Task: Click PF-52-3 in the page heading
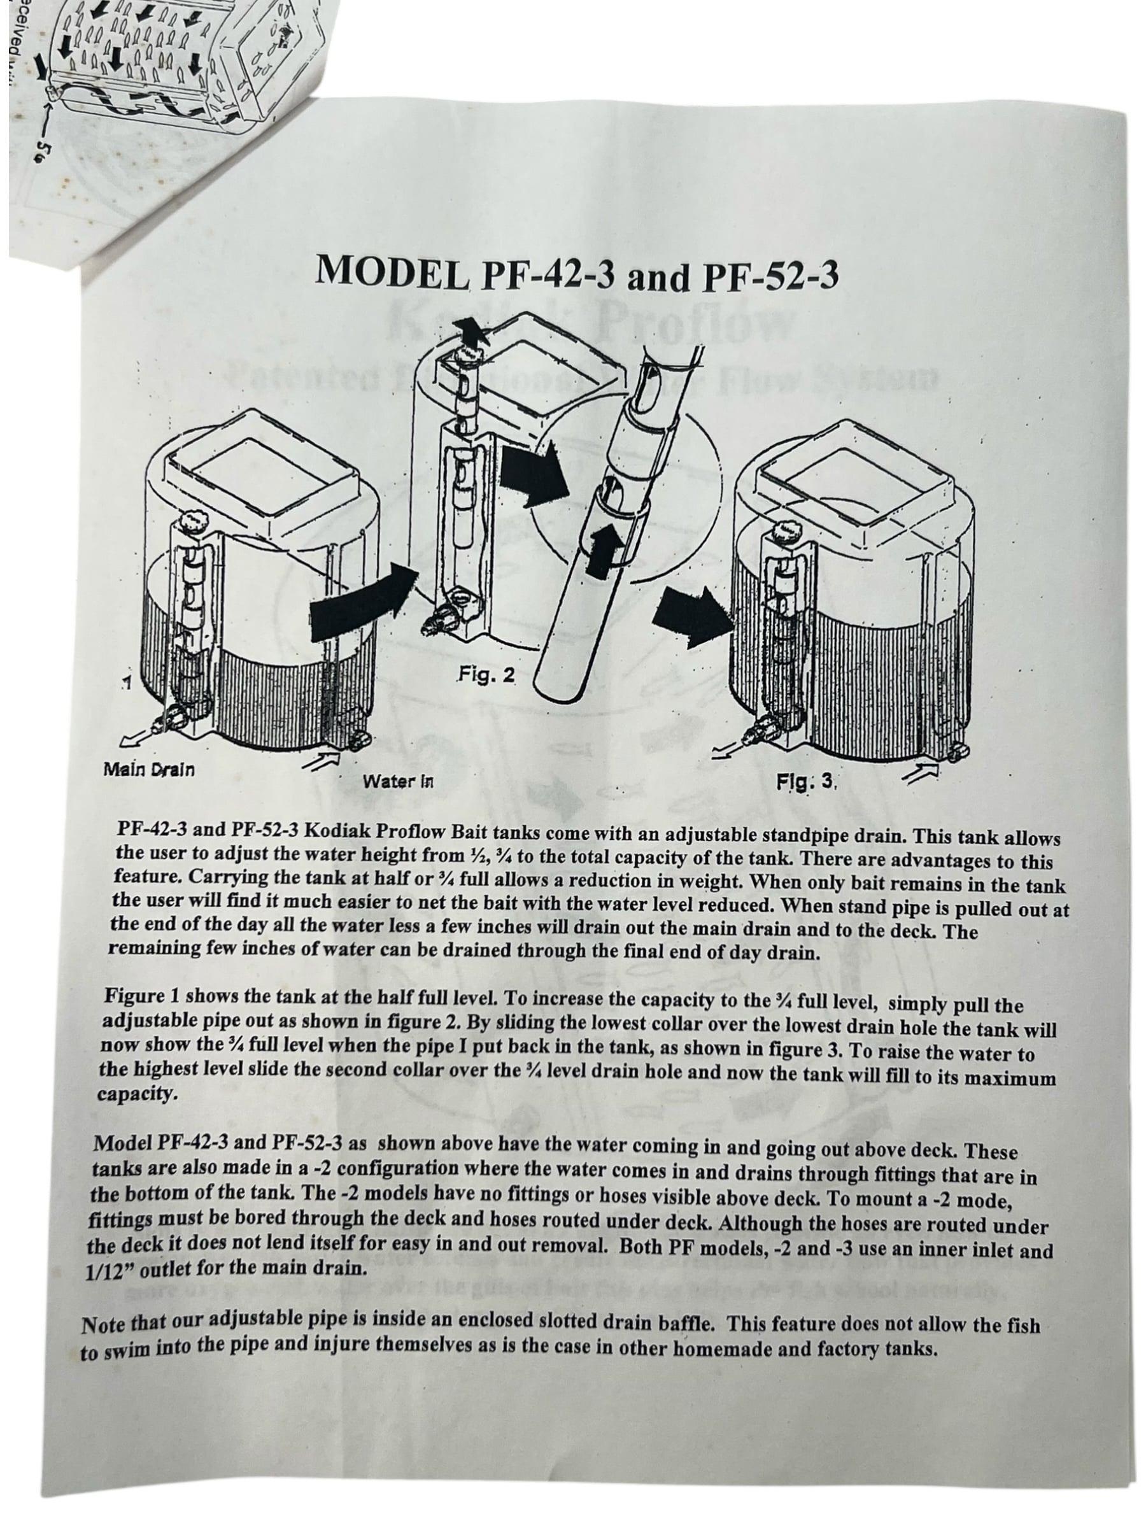tap(770, 276)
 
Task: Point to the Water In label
tap(398, 782)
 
